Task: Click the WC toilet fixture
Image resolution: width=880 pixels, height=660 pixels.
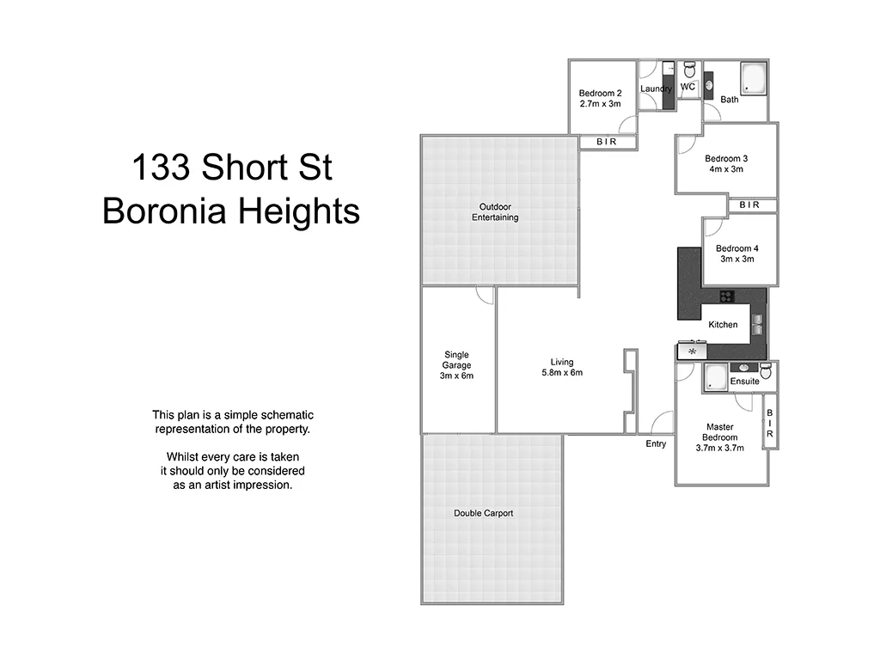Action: (688, 70)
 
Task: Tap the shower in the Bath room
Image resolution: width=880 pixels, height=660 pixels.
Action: (754, 76)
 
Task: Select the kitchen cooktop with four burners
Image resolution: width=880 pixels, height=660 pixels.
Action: (727, 297)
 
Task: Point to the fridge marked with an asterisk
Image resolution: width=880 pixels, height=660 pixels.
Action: (692, 351)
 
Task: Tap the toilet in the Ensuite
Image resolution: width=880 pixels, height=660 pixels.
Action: (766, 370)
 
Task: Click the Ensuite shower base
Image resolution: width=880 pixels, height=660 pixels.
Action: (716, 377)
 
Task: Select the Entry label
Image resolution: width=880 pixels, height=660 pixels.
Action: (656, 443)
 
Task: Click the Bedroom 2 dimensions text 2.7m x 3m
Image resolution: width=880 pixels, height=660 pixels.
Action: (599, 104)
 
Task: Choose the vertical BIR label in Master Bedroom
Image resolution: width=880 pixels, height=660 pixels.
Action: (770, 424)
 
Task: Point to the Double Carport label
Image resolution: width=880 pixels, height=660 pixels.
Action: (483, 513)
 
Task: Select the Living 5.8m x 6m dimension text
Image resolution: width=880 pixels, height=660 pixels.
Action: (562, 373)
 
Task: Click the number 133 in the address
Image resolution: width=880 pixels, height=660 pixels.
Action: (160, 168)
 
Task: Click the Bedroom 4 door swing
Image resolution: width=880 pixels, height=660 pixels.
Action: (712, 227)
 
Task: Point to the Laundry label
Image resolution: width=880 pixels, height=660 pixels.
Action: (656, 89)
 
